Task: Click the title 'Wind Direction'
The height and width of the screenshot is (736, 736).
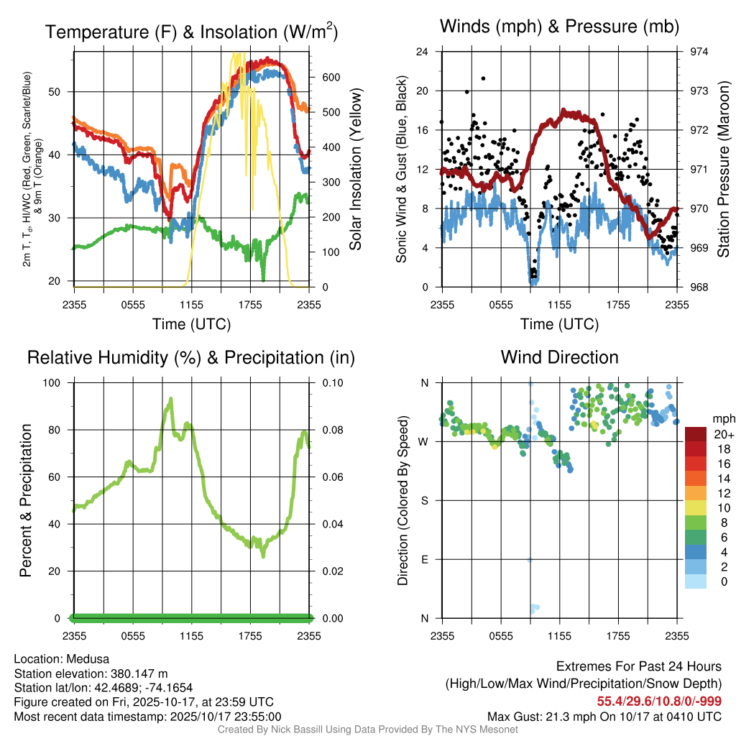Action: point(559,357)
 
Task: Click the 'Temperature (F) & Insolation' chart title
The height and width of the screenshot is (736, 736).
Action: point(191,32)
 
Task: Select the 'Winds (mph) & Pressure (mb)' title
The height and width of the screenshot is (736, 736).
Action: point(559,27)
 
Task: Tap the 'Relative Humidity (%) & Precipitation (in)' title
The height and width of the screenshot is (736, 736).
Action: point(190,357)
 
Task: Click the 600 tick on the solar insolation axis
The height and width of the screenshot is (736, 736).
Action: point(329,78)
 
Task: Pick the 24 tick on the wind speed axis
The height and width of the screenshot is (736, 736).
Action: point(423,52)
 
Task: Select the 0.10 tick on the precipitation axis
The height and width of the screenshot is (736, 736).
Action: point(331,383)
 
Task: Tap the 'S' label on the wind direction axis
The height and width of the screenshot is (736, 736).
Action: point(424,500)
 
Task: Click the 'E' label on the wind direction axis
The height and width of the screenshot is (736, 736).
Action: point(424,559)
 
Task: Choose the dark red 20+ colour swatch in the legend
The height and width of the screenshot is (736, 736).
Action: point(696,433)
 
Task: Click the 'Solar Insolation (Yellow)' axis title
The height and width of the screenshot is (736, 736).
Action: point(355,169)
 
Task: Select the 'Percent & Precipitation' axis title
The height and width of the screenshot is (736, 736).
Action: point(26,500)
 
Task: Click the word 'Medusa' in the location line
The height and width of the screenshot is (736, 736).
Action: point(88,658)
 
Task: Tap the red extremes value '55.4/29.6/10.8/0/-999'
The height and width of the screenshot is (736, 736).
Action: point(659,701)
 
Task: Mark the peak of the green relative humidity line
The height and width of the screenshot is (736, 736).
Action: point(171,398)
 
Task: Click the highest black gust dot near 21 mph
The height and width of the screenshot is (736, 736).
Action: point(484,78)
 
